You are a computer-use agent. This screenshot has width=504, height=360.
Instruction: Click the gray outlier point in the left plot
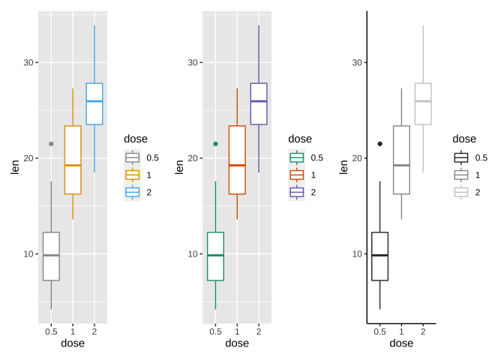pyautogui.click(x=51, y=143)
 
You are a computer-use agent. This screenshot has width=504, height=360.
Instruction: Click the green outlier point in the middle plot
pyautogui.click(x=215, y=143)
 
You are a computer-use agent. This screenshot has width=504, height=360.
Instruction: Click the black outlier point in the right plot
pyautogui.click(x=379, y=143)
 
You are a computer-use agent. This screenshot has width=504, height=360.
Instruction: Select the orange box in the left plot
pyautogui.click(x=73, y=160)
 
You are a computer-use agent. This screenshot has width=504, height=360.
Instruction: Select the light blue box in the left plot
pyautogui.click(x=94, y=103)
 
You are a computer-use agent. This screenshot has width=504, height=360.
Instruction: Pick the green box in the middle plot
pyautogui.click(x=215, y=256)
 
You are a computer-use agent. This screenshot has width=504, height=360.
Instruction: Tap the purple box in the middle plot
pyautogui.click(x=259, y=103)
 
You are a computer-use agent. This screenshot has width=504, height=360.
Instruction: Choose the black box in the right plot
pyautogui.click(x=379, y=256)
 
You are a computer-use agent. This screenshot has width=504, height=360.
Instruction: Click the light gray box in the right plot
pyautogui.click(x=423, y=103)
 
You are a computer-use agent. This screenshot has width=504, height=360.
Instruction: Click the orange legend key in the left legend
pyautogui.click(x=132, y=175)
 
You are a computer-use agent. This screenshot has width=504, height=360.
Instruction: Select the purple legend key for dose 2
pyautogui.click(x=297, y=192)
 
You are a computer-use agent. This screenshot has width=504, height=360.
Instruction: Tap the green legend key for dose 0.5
pyautogui.click(x=297, y=157)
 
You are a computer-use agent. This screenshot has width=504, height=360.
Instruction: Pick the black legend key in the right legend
pyautogui.click(x=461, y=157)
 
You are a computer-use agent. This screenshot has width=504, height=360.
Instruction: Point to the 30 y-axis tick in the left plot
pyautogui.click(x=29, y=62)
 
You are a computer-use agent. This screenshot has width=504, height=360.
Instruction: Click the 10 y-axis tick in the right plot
pyautogui.click(x=358, y=253)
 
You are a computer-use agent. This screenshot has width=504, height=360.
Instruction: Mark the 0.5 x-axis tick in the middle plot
pyautogui.click(x=215, y=331)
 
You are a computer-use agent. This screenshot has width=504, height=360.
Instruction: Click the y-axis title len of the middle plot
pyautogui.click(x=179, y=167)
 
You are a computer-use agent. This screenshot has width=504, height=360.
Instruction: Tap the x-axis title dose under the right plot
pyautogui.click(x=401, y=343)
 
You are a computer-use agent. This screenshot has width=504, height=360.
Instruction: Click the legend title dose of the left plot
pyautogui.click(x=136, y=139)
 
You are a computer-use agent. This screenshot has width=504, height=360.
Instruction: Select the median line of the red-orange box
pyautogui.click(x=237, y=165)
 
